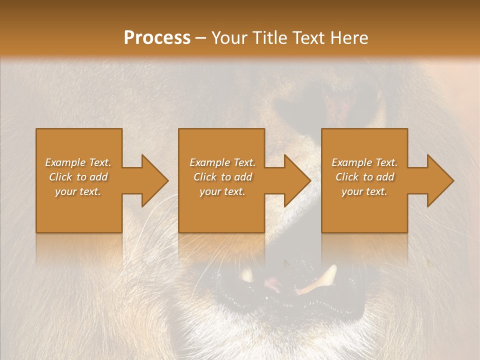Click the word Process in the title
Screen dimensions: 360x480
pyautogui.click(x=157, y=38)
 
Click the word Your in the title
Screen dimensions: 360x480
pyautogui.click(x=228, y=38)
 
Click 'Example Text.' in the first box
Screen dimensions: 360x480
pyautogui.click(x=78, y=162)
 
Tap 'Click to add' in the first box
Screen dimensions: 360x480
pyautogui.click(x=78, y=177)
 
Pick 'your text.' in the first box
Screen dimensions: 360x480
pyautogui.click(x=78, y=191)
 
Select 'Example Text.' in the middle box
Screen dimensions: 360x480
pyautogui.click(x=222, y=162)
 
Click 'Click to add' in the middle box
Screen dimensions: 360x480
pyautogui.click(x=222, y=177)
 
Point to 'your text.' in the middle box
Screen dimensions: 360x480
pyautogui.click(x=222, y=191)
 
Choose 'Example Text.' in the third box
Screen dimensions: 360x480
pyautogui.click(x=364, y=162)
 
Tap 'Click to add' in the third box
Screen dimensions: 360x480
pyautogui.click(x=364, y=177)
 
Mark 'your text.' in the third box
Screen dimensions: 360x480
pyautogui.click(x=364, y=191)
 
